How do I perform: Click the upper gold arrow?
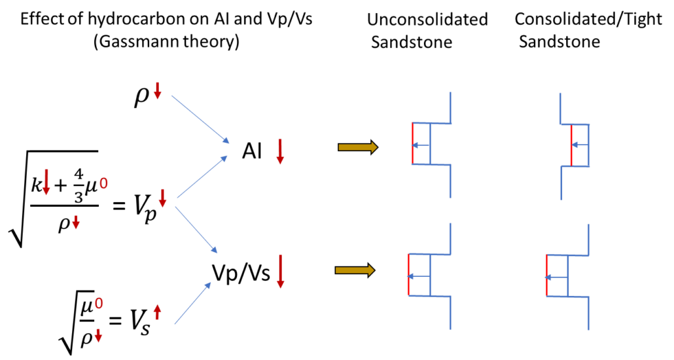point(357,147)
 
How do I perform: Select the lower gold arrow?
point(354,270)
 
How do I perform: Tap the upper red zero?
point(103,184)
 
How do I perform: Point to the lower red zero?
point(99,304)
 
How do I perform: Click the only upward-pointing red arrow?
point(157,312)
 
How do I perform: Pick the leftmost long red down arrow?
point(46,182)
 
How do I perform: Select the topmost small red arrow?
point(157,91)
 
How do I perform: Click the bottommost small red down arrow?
point(98,336)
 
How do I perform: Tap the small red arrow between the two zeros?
point(76,223)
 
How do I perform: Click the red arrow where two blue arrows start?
point(162,198)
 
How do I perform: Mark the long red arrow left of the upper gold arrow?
point(280,151)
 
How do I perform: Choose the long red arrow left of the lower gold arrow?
point(280,271)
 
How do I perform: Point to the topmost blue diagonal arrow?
point(200,119)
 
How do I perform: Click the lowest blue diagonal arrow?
point(193,303)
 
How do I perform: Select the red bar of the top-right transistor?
point(571,145)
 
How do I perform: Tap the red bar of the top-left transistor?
point(413,143)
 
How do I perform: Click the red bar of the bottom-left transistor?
point(409,275)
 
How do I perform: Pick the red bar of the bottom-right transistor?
point(547,276)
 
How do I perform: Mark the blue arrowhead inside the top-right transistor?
point(574,145)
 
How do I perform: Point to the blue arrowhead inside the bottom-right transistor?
point(548,278)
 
